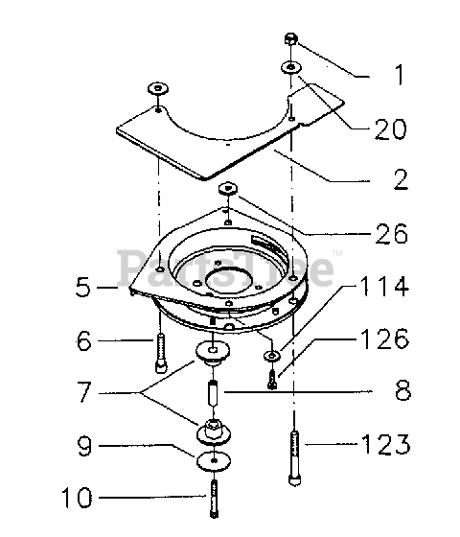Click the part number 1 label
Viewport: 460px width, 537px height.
[x=400, y=75]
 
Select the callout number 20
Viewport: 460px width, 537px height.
[x=391, y=129]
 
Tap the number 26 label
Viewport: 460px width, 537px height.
[x=392, y=234]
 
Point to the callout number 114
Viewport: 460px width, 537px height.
[x=384, y=286]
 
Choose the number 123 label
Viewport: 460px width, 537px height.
[x=386, y=444]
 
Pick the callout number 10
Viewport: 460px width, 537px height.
[x=77, y=498]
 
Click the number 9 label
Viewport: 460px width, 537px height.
[x=84, y=445]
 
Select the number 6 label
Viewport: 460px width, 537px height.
[x=84, y=340]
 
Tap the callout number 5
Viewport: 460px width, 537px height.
[x=83, y=287]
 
